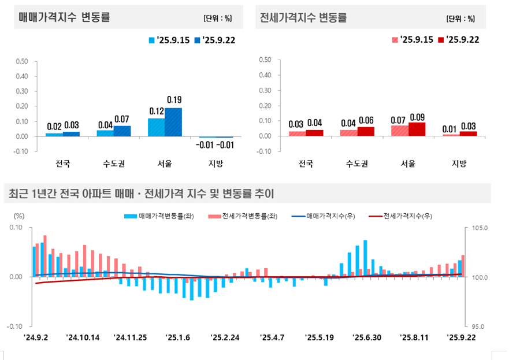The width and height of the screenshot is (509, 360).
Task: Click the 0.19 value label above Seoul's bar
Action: [174, 100]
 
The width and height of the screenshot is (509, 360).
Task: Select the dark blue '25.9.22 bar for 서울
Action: [173, 122]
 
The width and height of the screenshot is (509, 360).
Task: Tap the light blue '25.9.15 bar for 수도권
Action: [105, 133]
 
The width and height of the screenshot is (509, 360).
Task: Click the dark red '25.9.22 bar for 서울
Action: [417, 129]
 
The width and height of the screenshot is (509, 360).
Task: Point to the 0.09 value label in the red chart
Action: [417, 117]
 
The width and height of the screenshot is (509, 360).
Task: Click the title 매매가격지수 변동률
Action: [65, 17]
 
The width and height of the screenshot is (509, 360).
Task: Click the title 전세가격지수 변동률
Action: [304, 17]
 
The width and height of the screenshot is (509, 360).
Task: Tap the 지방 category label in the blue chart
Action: [216, 164]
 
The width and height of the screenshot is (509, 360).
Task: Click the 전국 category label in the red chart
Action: [306, 164]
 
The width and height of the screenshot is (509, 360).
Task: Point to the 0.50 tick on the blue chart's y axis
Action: [21, 61]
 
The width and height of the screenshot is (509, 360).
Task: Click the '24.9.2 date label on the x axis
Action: [35, 337]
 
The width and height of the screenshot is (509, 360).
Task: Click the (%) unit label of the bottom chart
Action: [19, 215]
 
